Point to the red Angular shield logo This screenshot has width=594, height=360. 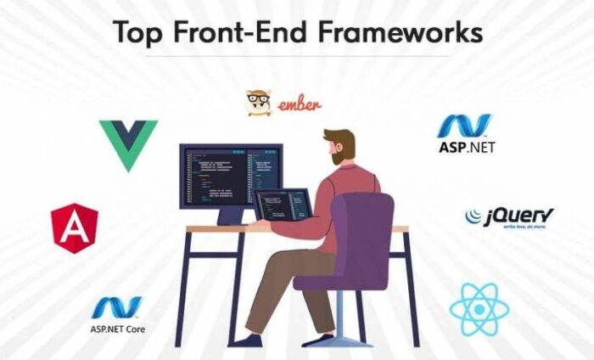pos(74,228)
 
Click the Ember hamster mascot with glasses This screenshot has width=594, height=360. pos(259,103)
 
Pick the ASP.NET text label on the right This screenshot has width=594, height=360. pos(466,147)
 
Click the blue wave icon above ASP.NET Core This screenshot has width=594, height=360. pos(116,307)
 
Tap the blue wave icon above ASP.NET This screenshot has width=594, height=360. pos(464,125)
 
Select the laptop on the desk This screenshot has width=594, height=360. pos(283,205)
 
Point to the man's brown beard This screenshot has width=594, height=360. pos(340,157)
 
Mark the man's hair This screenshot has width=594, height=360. pos(341,136)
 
